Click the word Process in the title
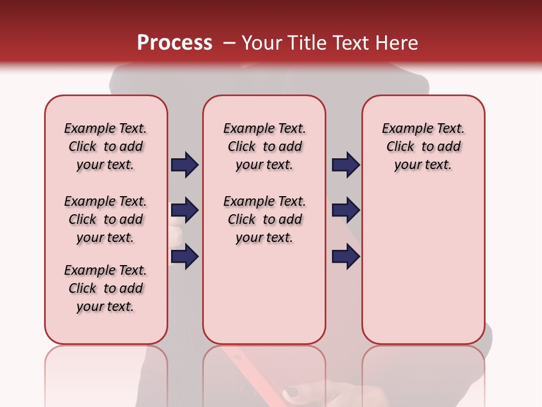(174, 42)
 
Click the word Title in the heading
(307, 42)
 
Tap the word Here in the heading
(397, 42)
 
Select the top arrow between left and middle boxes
(185, 165)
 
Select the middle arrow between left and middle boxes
(185, 211)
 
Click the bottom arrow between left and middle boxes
(185, 256)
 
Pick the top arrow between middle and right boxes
(346, 165)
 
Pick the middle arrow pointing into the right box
(346, 211)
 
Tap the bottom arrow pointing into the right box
(346, 256)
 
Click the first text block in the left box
(106, 146)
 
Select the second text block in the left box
(106, 219)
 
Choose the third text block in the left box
(106, 288)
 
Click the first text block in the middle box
(264, 146)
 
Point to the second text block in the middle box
(264, 219)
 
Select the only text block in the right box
(423, 146)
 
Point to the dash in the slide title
(229, 44)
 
